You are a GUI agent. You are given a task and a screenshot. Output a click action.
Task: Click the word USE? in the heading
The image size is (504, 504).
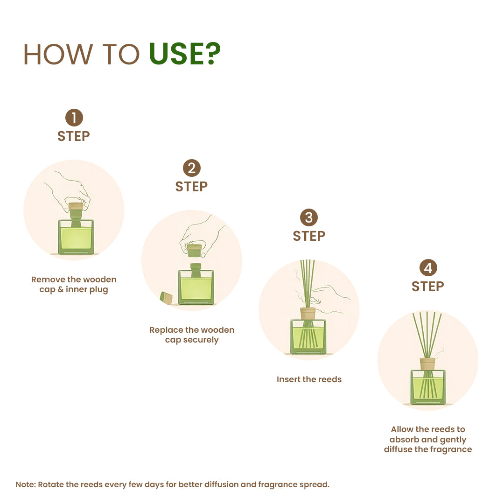185,54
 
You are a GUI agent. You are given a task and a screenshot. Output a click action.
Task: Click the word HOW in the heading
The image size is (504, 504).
58,54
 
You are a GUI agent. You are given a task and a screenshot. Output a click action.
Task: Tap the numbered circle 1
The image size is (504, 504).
74,118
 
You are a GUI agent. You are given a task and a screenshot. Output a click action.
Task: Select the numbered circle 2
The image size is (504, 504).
191,168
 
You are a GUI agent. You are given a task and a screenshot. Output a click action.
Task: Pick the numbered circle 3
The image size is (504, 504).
309,218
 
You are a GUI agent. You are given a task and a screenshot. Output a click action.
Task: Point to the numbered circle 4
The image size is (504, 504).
428,268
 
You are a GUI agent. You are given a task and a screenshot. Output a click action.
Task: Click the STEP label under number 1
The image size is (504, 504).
74,136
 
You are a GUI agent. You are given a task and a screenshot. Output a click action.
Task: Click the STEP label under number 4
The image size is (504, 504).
428,287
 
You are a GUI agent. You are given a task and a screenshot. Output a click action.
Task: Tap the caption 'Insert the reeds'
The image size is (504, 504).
309,379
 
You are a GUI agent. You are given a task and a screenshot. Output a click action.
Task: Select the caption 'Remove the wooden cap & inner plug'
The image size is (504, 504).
74,284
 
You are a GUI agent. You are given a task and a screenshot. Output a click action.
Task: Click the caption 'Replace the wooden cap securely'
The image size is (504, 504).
192,335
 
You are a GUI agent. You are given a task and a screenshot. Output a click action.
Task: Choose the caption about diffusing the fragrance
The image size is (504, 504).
428,439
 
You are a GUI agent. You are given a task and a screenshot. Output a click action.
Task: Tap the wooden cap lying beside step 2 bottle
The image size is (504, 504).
166,298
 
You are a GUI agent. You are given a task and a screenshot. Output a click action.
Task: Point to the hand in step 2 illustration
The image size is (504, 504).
203,233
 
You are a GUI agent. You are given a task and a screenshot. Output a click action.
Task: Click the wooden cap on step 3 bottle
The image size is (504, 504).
308,313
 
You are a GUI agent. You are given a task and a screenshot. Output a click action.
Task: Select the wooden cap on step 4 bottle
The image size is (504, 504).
427,364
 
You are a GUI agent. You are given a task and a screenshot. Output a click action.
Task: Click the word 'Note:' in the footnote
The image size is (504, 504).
26,484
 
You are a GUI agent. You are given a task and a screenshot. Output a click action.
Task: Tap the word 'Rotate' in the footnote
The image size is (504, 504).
51,484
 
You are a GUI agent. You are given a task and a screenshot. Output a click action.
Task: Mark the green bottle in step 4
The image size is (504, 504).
428,387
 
